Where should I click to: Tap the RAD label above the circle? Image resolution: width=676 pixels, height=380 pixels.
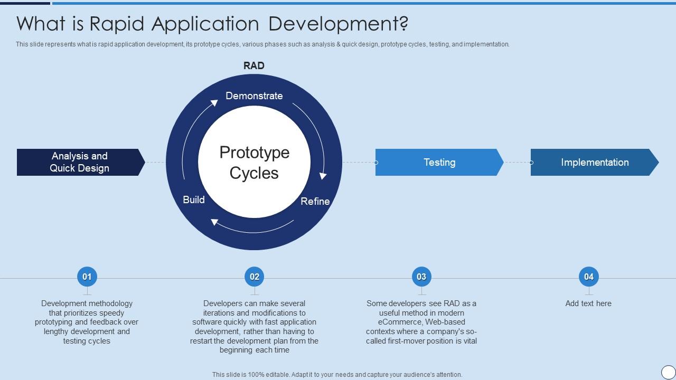[x=254, y=65]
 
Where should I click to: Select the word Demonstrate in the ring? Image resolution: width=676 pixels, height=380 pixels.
[x=254, y=96]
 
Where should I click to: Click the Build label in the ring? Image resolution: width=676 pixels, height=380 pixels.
[x=194, y=199]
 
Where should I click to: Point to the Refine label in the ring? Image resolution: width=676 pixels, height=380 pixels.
[x=315, y=201]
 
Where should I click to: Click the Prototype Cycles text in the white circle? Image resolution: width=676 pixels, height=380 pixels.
[x=254, y=163]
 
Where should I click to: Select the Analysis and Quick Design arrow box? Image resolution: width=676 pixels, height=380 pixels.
[x=80, y=162]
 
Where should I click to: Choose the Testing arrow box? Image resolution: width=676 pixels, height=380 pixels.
[x=439, y=162]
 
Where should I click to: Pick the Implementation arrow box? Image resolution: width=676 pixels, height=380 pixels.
[x=595, y=162]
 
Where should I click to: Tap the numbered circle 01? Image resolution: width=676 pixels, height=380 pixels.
[x=87, y=276]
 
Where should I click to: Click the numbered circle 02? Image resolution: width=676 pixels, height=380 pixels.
[x=255, y=276]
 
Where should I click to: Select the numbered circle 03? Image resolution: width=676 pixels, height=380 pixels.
[x=421, y=276]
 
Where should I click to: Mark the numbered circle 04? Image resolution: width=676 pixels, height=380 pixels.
[x=589, y=276]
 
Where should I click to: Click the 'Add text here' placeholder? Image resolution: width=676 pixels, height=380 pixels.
[x=588, y=303]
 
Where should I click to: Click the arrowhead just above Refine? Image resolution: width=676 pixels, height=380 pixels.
[x=323, y=175]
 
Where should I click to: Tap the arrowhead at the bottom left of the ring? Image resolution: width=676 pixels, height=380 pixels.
[x=215, y=222]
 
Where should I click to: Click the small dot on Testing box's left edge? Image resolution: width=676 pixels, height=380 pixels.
[x=376, y=163]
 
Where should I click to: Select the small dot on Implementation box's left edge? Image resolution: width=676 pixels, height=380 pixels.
[x=531, y=163]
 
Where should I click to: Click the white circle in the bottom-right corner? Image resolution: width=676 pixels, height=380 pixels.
[x=668, y=372]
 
